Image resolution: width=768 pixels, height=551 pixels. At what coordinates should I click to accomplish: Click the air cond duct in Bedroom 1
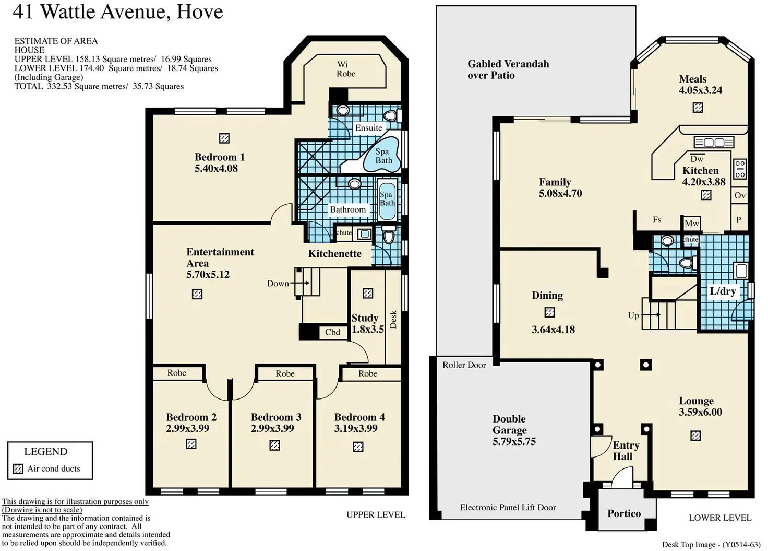tap(224, 138)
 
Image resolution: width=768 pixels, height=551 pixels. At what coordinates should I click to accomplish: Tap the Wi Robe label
tap(345, 69)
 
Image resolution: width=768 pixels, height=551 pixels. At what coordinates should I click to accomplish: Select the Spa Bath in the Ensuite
tap(382, 156)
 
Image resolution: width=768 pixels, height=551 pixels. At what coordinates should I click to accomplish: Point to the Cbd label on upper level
tap(332, 332)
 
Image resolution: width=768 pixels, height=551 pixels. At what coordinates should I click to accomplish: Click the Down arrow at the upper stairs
tap(299, 283)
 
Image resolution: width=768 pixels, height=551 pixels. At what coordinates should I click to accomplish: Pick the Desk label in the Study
tap(393, 319)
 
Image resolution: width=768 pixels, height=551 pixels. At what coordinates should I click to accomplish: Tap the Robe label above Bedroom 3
tap(285, 373)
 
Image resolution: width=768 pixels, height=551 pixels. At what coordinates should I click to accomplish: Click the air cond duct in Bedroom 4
tap(358, 447)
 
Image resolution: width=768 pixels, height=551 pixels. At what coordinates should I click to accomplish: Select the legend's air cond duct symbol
tap(18, 468)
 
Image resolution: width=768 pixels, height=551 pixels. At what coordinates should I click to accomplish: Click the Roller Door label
tap(464, 365)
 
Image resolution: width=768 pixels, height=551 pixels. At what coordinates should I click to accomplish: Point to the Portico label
tap(624, 513)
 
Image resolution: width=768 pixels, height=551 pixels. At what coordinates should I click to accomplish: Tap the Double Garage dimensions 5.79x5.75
tap(514, 441)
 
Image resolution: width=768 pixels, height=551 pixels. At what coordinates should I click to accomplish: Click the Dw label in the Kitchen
tap(697, 159)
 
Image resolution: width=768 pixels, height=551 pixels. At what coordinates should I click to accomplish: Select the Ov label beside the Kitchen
tap(740, 195)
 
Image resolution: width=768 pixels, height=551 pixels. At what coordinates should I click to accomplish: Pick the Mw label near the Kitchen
tap(691, 224)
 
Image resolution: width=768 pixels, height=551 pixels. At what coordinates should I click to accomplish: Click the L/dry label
tap(723, 291)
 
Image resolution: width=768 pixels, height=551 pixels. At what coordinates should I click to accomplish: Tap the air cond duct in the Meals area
tap(698, 108)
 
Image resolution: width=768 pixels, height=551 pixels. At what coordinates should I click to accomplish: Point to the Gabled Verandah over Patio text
tap(508, 69)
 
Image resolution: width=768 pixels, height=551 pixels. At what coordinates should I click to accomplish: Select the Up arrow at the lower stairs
tap(651, 314)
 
